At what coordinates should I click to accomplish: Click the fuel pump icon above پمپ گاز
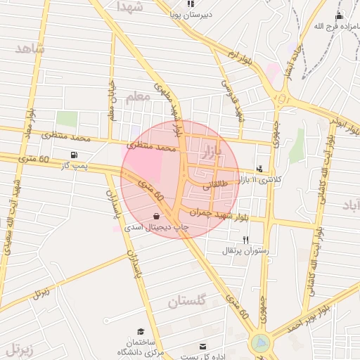(x=74, y=155)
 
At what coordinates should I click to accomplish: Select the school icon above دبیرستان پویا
(x=191, y=4)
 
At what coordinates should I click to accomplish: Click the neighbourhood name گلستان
(x=187, y=302)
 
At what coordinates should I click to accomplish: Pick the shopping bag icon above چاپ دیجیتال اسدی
(x=156, y=216)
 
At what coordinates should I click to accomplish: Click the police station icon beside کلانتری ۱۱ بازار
(x=260, y=169)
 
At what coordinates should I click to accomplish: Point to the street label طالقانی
(x=217, y=188)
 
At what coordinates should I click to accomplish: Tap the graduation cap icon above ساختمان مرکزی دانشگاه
(x=141, y=331)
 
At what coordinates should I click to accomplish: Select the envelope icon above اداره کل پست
(x=203, y=347)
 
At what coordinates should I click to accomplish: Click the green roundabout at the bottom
(x=259, y=344)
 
